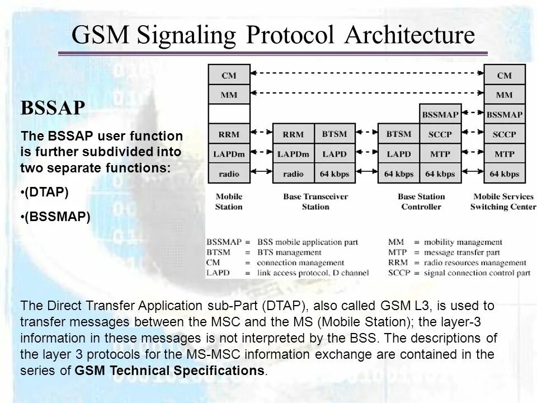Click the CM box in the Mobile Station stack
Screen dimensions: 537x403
[228, 75]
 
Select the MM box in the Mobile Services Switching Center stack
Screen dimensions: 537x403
[504, 95]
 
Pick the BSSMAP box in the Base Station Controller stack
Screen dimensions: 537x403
[440, 115]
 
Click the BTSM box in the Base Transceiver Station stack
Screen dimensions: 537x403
[335, 134]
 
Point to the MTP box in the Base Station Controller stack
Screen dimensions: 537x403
[440, 153]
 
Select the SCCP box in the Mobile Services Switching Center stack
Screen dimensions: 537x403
[504, 134]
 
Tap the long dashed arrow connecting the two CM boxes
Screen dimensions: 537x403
[366, 73]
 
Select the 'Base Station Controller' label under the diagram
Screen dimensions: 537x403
[421, 201]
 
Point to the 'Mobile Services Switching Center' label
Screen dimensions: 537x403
[503, 201]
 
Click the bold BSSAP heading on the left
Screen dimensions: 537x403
[53, 107]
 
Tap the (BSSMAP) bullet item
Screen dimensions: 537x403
[56, 216]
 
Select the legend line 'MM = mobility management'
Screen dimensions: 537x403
[445, 242]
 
